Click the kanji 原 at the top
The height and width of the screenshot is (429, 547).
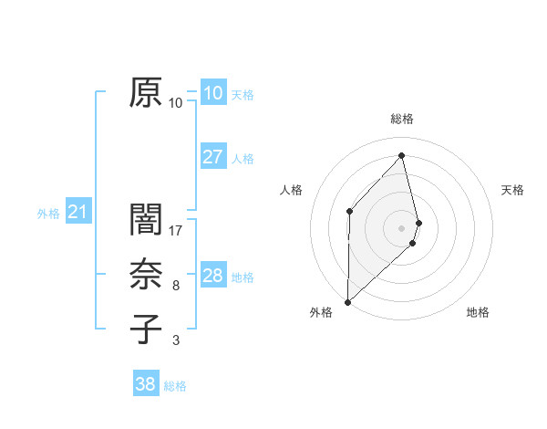pyautogui.click(x=146, y=92)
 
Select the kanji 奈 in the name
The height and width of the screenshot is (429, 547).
pyautogui.click(x=146, y=275)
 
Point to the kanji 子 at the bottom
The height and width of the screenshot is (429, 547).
pyautogui.click(x=146, y=329)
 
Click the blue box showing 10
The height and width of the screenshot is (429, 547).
pyautogui.click(x=212, y=92)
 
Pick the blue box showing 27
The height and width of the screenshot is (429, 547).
pyautogui.click(x=212, y=157)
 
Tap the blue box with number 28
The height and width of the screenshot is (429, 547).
pyautogui.click(x=212, y=276)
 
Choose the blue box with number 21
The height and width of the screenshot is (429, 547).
pyautogui.click(x=78, y=213)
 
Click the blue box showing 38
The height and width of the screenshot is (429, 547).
pyautogui.click(x=145, y=384)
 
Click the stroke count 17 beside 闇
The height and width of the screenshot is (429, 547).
pyautogui.click(x=176, y=230)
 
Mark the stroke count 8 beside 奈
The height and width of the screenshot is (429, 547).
pyautogui.click(x=176, y=286)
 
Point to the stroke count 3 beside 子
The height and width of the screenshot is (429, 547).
pyautogui.click(x=176, y=340)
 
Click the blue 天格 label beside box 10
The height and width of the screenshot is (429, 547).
pyautogui.click(x=243, y=94)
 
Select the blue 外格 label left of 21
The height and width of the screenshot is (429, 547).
pyautogui.click(x=48, y=214)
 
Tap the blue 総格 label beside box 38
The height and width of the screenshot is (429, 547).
pyautogui.click(x=175, y=386)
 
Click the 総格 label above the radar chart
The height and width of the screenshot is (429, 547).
pyautogui.click(x=401, y=119)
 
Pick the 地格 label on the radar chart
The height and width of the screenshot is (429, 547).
pyautogui.click(x=478, y=313)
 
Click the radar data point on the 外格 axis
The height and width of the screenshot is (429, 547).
pyautogui.click(x=347, y=301)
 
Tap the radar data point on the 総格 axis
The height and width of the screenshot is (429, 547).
pyautogui.click(x=401, y=155)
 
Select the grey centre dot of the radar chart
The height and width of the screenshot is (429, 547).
pyautogui.click(x=401, y=226)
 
